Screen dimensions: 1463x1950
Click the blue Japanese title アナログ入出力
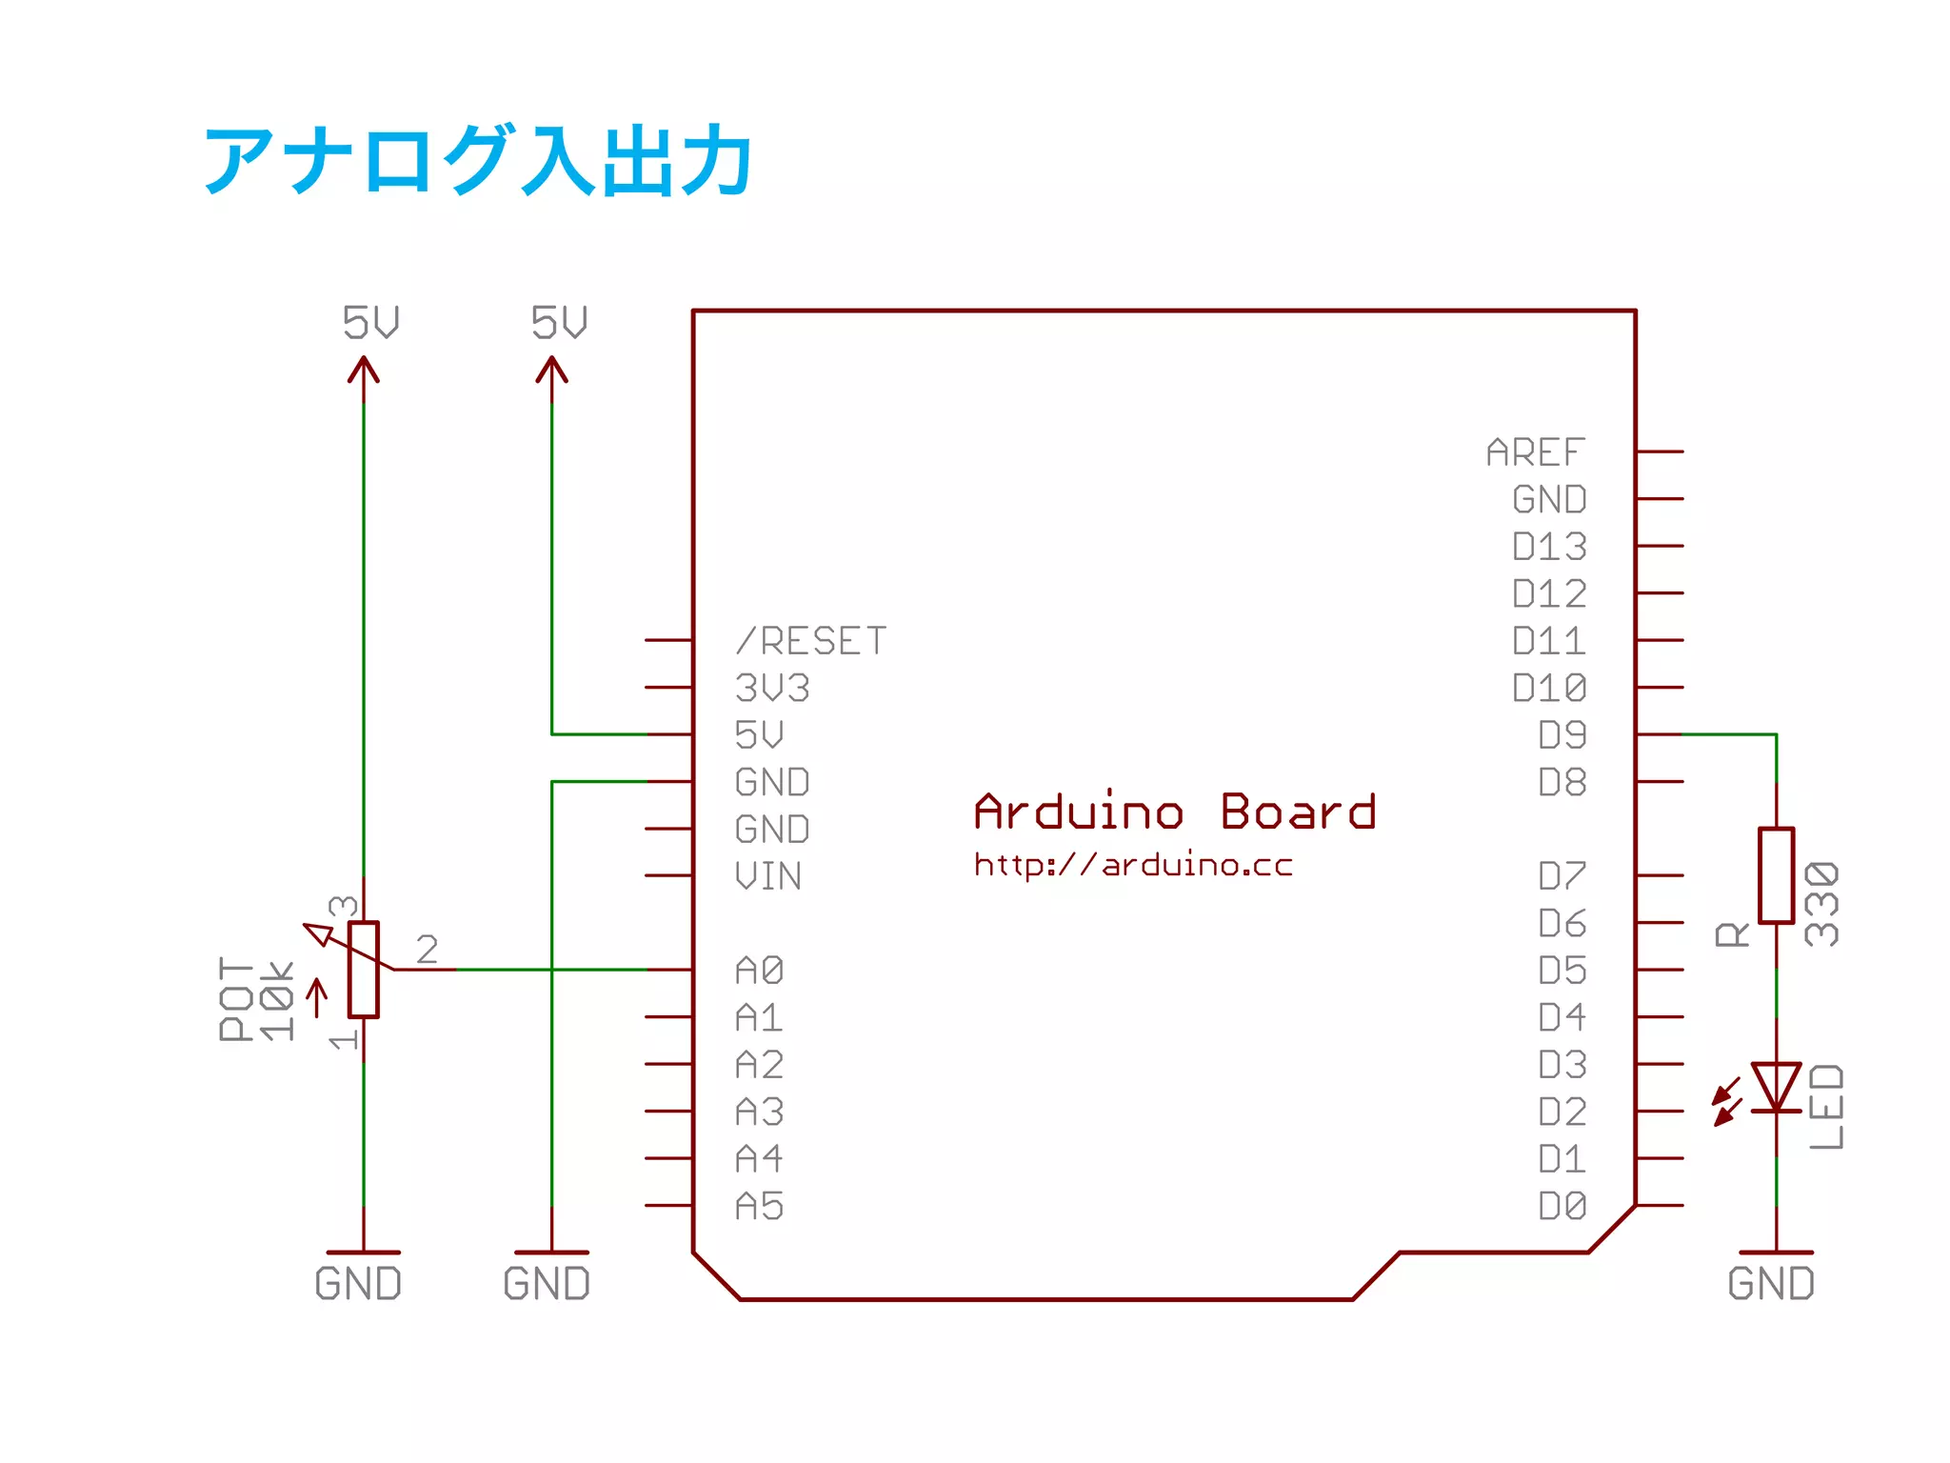[x=479, y=160]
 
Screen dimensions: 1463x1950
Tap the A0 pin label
[x=759, y=971]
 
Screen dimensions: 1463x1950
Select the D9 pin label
[x=1562, y=735]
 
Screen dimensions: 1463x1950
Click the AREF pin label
[x=1536, y=452]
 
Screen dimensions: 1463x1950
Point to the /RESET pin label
[x=811, y=641]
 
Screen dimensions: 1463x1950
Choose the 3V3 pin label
[x=772, y=688]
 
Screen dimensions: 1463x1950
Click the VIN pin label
[x=768, y=876]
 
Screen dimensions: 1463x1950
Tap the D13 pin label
[x=1549, y=547]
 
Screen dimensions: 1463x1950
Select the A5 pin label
[x=759, y=1207]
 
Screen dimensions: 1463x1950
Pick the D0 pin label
[x=1562, y=1207]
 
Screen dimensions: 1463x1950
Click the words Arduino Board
[x=1175, y=812]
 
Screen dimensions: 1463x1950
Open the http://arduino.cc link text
[x=1133, y=865]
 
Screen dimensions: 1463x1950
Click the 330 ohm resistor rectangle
[x=1776, y=875]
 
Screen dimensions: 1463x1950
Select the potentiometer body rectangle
[x=364, y=970]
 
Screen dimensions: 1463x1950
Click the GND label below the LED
[x=1771, y=1284]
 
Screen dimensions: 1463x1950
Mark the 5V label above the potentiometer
[x=370, y=323]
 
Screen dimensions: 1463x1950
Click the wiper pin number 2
[x=428, y=949]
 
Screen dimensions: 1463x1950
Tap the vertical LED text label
[x=1826, y=1107]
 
